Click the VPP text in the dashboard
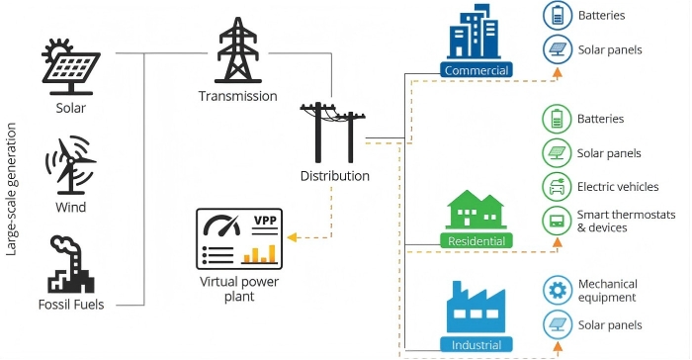click(x=265, y=221)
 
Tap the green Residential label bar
click(x=476, y=241)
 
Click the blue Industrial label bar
click(x=476, y=345)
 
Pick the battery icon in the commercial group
click(x=558, y=16)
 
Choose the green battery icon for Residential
click(x=558, y=120)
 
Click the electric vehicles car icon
click(x=558, y=186)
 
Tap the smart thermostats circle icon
click(x=558, y=221)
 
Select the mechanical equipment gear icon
click(x=558, y=290)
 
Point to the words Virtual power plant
click(x=240, y=288)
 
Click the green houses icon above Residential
click(x=476, y=211)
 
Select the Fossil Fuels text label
click(x=71, y=304)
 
